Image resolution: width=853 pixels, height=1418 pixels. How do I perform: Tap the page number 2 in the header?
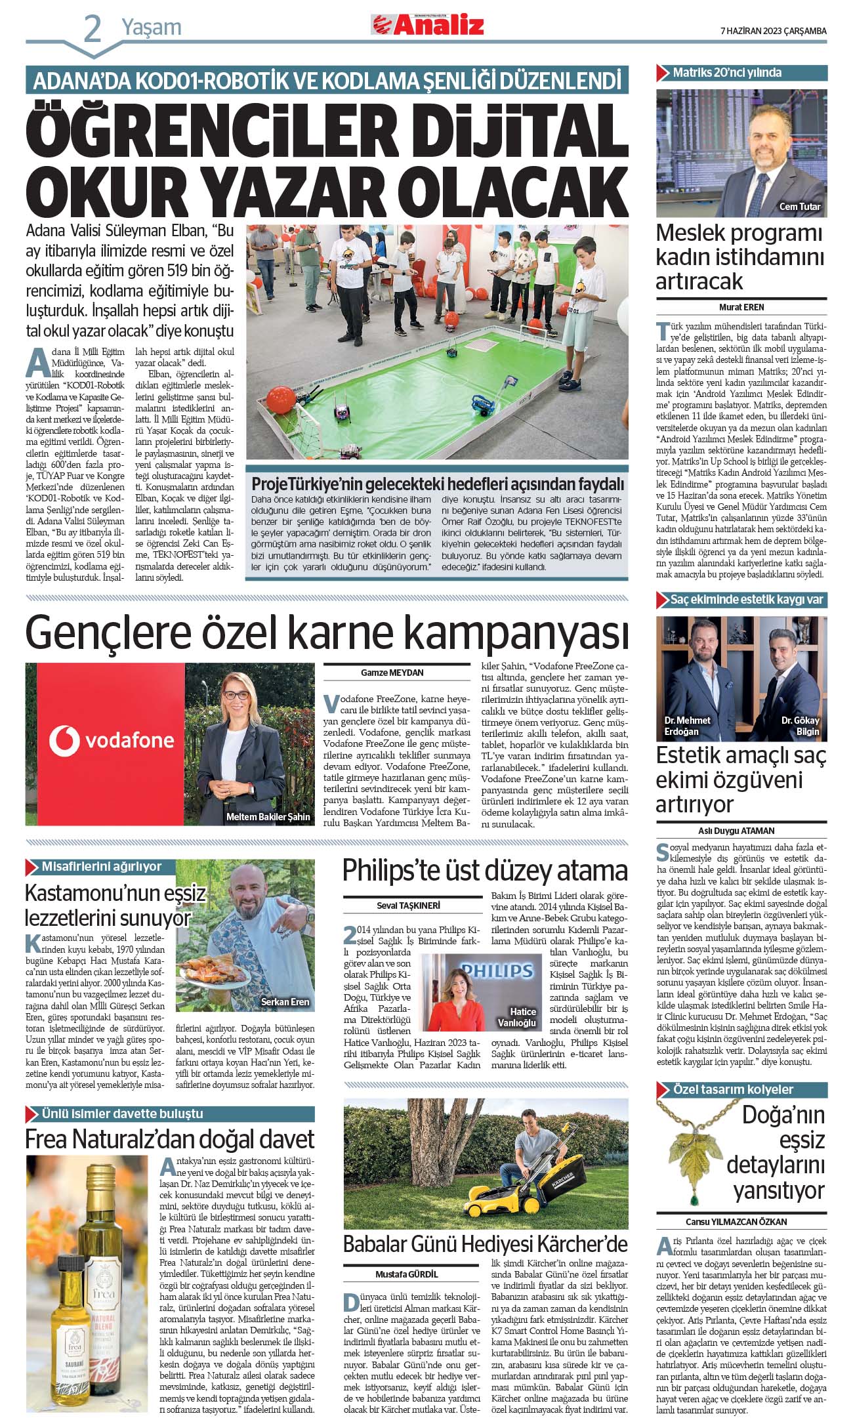click(x=93, y=30)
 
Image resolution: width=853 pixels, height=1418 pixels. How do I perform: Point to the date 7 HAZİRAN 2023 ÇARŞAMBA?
click(x=773, y=31)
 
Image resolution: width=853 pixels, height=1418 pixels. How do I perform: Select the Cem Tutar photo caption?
click(x=799, y=207)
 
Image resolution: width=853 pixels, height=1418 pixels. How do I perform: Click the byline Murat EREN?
click(x=741, y=307)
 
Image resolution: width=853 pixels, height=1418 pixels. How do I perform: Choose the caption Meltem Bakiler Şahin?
click(x=268, y=817)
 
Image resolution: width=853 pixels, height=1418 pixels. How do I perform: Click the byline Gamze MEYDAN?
click(x=392, y=673)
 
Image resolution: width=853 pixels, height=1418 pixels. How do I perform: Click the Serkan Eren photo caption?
click(x=285, y=1002)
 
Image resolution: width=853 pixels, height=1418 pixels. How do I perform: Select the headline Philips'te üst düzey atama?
click(x=485, y=871)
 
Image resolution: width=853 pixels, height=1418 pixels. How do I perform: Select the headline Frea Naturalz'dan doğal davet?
click(x=169, y=1139)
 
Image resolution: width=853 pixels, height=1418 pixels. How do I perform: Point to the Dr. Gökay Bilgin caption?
click(x=800, y=726)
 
